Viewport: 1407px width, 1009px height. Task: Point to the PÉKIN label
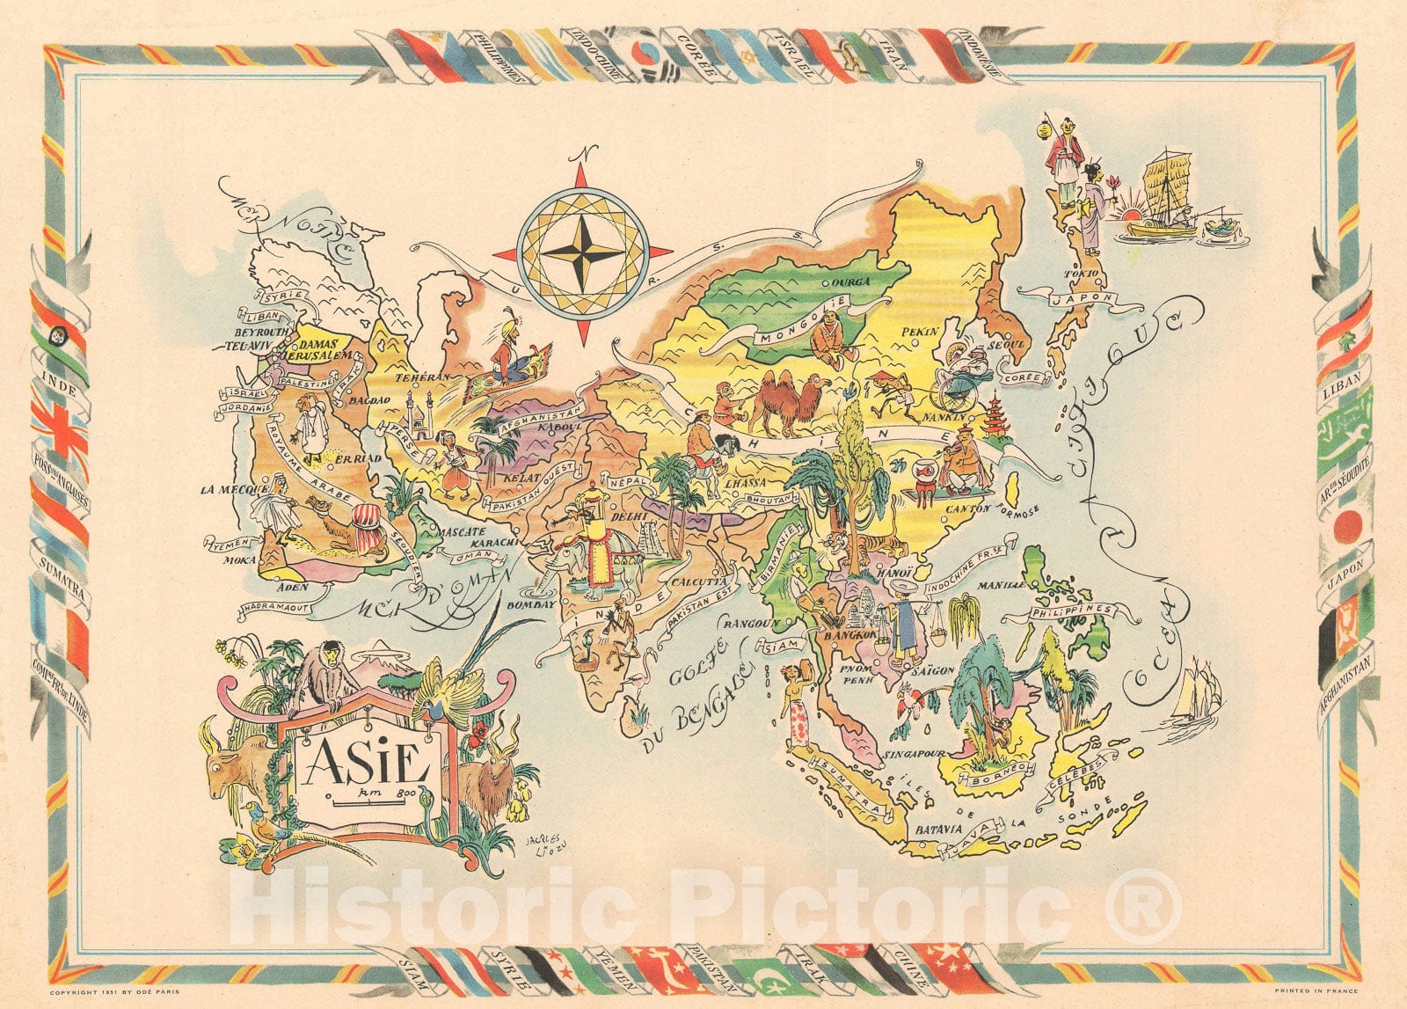click(921, 332)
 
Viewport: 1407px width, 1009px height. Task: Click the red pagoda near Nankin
click(994, 416)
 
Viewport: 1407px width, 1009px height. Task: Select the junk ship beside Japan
click(1163, 198)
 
